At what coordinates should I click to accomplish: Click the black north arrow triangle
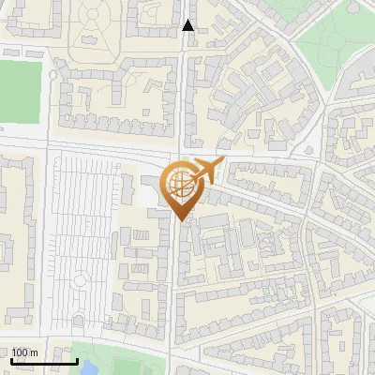click(x=188, y=25)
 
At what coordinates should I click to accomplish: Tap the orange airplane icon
click(x=203, y=172)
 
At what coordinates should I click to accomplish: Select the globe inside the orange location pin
click(x=181, y=186)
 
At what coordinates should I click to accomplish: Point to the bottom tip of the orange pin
click(x=181, y=220)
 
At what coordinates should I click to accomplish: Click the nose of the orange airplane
click(x=221, y=162)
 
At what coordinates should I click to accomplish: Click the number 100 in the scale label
click(x=21, y=352)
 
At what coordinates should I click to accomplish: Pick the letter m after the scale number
click(x=35, y=352)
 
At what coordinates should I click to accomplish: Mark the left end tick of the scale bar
click(x=12, y=360)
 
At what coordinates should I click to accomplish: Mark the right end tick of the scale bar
click(x=77, y=360)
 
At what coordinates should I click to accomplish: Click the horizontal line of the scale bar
click(x=44, y=361)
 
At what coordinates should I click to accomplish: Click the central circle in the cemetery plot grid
click(x=82, y=278)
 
